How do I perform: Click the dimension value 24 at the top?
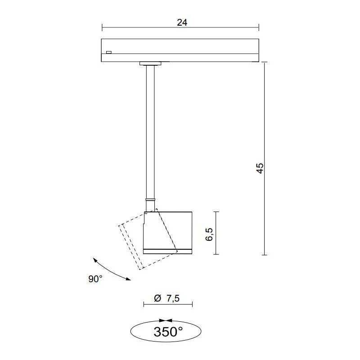[182, 22]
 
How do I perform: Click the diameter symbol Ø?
[157, 298]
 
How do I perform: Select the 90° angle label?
[95, 279]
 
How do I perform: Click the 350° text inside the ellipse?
[168, 332]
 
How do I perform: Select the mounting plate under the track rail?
[150, 63]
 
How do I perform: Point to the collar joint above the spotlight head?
[150, 204]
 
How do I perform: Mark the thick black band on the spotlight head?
[167, 249]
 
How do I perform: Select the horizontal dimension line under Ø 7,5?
[167, 305]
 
